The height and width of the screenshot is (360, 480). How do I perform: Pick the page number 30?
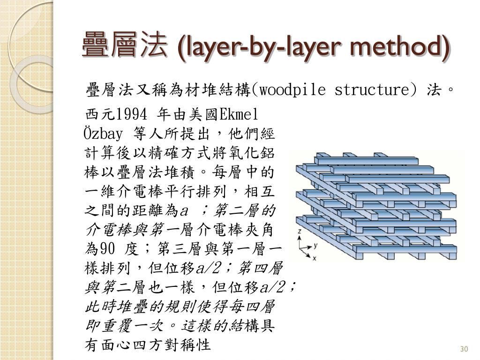pyautogui.click(x=465, y=349)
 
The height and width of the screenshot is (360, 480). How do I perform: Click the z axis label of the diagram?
pyautogui.click(x=300, y=232)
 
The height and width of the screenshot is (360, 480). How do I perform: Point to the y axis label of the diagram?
pyautogui.click(x=316, y=245)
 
